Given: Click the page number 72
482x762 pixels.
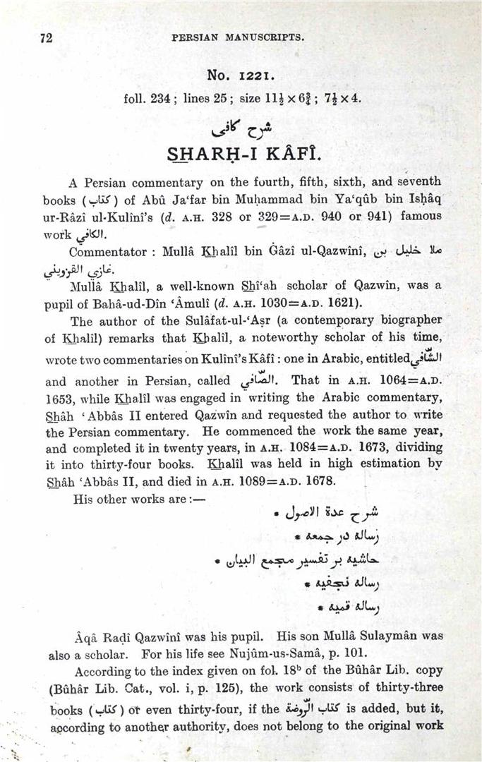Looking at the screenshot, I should click(x=47, y=39).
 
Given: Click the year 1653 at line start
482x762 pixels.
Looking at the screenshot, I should click(x=59, y=397).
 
